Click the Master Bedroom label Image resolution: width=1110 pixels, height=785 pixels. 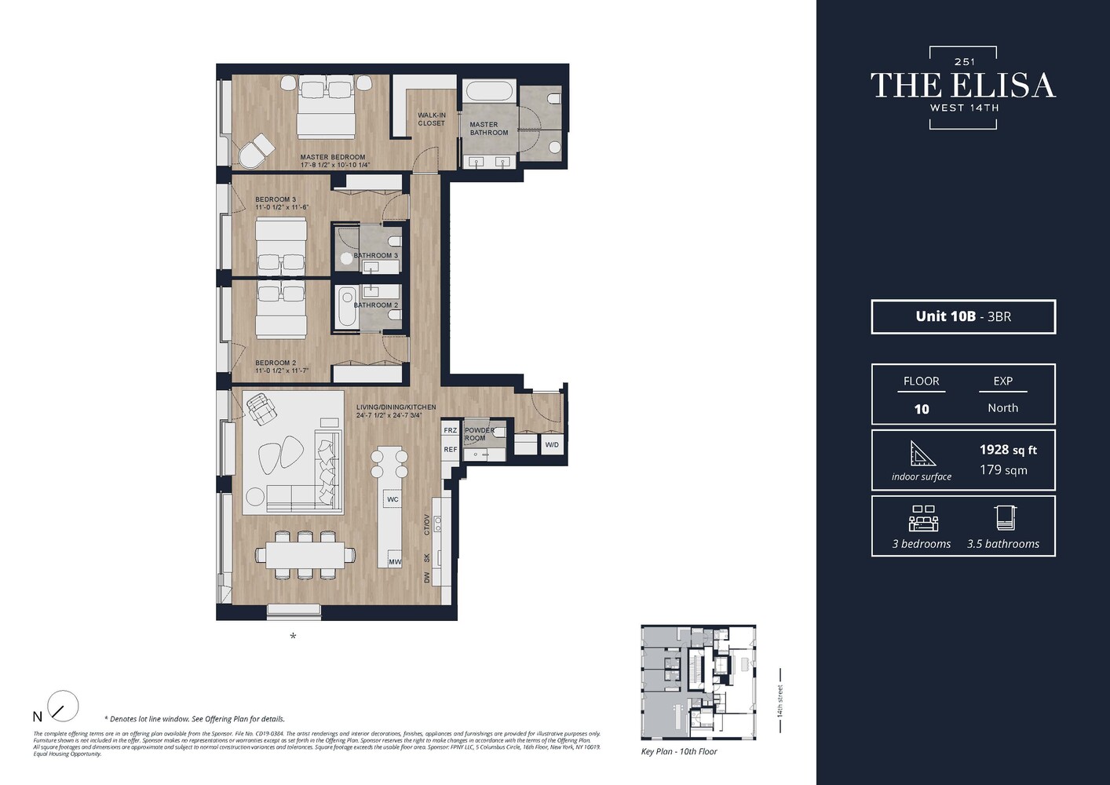coord(333,157)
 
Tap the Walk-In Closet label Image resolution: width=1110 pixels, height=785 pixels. coord(431,119)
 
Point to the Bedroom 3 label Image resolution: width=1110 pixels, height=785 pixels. coord(276,199)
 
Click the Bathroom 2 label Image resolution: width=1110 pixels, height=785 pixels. coord(376,305)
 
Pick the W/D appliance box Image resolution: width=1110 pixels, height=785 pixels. coord(552,445)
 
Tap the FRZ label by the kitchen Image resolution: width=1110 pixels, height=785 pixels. coord(450,430)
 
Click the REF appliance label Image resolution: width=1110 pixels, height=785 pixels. coord(450,450)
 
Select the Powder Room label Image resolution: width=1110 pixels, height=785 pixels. coord(479,434)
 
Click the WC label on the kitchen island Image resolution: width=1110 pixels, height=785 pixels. coord(393,499)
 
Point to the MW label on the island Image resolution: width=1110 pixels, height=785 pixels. coord(394,561)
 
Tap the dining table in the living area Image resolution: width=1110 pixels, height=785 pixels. coord(305,555)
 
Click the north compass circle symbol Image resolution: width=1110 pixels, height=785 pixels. coord(63,706)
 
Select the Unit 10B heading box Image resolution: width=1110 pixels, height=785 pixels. coord(963,316)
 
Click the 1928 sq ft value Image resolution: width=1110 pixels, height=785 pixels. coord(1008,450)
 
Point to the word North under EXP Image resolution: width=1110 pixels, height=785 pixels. coord(1002,408)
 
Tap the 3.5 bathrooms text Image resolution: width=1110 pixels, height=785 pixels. coord(1002,544)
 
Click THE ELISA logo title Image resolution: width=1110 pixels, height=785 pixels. coord(963,86)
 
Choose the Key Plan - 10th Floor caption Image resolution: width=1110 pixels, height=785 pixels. coord(679,751)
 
